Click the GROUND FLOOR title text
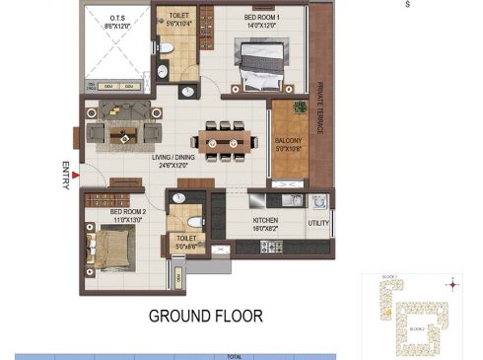(x=206, y=317)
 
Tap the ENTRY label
(x=66, y=174)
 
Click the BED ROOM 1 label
(x=262, y=18)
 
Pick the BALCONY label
(x=289, y=142)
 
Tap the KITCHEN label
(x=267, y=222)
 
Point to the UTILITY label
(x=318, y=224)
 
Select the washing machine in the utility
(x=317, y=201)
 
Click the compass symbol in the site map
(x=452, y=285)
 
